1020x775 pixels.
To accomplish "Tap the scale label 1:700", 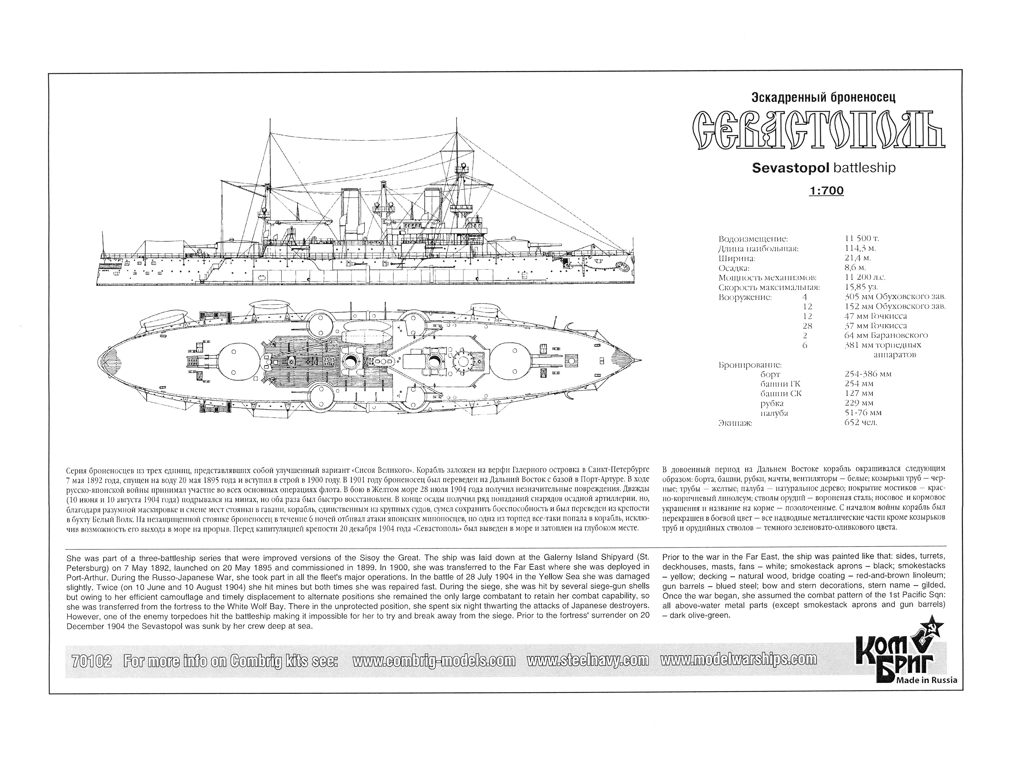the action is click(826, 190).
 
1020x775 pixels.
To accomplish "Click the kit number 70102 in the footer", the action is click(92, 661).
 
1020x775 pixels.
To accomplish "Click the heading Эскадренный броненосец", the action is click(820, 98).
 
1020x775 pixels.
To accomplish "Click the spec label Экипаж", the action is click(735, 422).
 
